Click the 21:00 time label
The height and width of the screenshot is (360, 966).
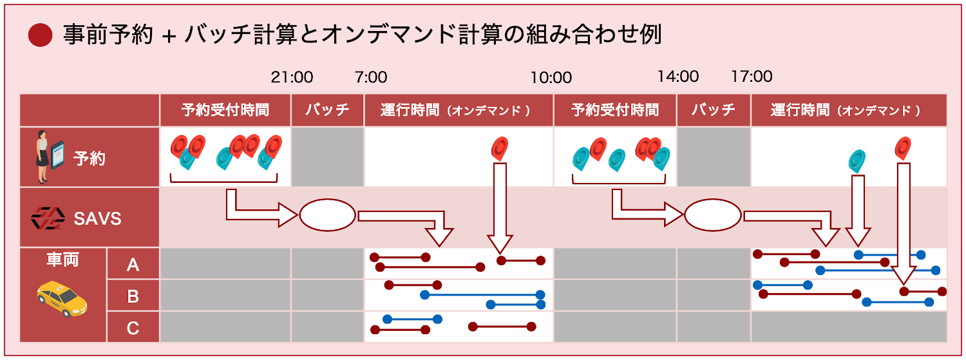coord(292,77)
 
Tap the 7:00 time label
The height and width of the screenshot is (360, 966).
coord(371,77)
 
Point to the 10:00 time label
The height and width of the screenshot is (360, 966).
coord(551,78)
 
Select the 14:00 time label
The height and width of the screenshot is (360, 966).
coord(677,77)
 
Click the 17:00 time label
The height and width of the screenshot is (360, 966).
coord(752,77)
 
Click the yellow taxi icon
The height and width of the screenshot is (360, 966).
coord(61,297)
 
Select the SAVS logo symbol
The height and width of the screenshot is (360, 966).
coord(48,219)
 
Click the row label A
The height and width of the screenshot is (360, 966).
coord(133,264)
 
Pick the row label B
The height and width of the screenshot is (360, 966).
coord(133,296)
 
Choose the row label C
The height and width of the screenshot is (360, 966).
coord(133,328)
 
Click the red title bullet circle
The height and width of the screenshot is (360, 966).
coord(40,35)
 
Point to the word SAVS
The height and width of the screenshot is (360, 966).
coord(97,219)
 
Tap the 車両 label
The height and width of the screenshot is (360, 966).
coord(62,260)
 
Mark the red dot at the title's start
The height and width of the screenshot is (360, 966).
coord(40,35)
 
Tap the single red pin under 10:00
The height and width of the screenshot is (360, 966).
coord(500,148)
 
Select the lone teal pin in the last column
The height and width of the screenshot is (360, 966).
coord(857,160)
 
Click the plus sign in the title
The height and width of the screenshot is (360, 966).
coord(169,36)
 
